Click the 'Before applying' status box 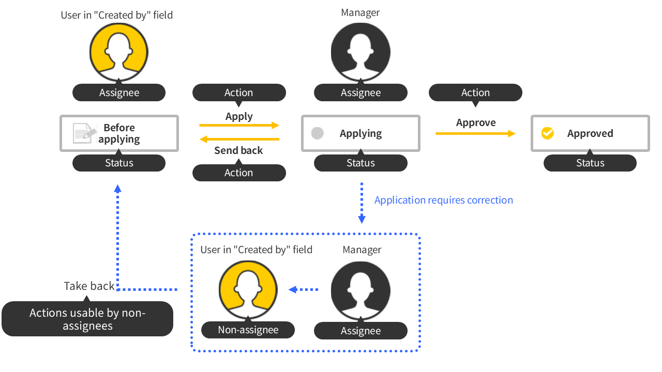point(119,133)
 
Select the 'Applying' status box point(360,133)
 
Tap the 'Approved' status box point(590,133)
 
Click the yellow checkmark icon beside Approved point(547,133)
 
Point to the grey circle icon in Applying point(318,133)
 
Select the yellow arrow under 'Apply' point(239,125)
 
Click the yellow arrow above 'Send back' point(239,139)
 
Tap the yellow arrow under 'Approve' point(475,134)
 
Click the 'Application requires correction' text point(444,200)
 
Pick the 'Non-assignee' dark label point(248,330)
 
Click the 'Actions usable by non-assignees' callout point(87,319)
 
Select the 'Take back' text point(89,286)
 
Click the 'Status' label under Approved point(590,163)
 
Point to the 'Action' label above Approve point(475,92)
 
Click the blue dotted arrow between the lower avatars point(304,290)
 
